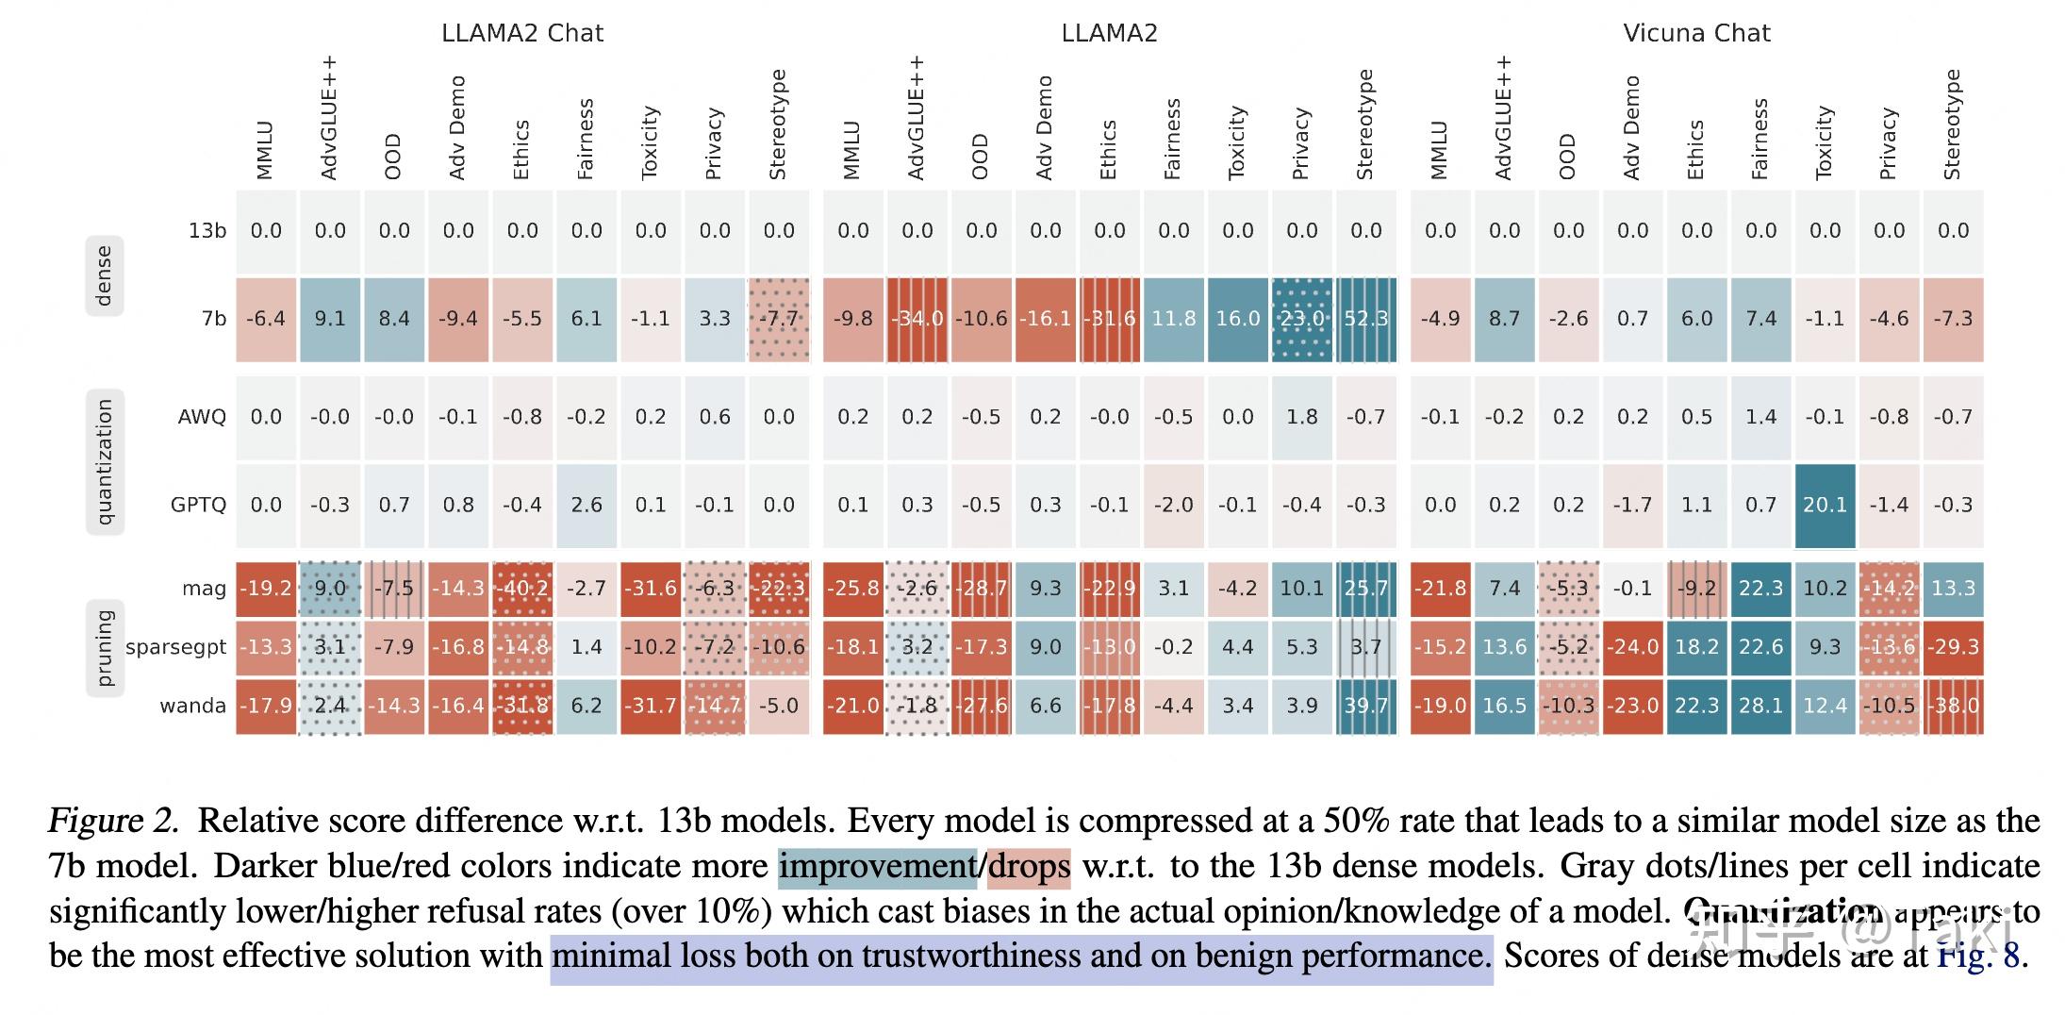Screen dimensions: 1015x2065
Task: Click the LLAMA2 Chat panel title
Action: [x=521, y=33]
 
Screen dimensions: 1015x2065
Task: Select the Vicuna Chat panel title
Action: [x=1696, y=33]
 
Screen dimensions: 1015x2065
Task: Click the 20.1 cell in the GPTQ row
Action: [x=1825, y=505]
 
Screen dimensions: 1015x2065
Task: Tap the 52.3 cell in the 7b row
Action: [x=1366, y=319]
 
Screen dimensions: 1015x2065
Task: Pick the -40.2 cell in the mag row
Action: [x=522, y=589]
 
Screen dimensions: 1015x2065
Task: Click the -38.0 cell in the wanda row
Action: [x=1953, y=706]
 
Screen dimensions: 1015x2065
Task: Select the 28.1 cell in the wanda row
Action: [x=1760, y=706]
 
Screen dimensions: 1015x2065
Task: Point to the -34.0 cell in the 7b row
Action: [x=917, y=319]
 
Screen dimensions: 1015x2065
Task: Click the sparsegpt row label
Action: [x=175, y=647]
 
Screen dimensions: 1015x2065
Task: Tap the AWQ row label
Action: [x=202, y=417]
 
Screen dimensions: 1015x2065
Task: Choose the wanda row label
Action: [x=192, y=706]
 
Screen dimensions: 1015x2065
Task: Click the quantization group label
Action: [x=104, y=461]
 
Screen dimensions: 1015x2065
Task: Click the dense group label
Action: [x=104, y=275]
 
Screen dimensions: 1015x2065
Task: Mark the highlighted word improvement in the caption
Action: [x=877, y=866]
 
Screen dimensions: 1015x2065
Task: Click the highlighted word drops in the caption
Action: [x=1029, y=866]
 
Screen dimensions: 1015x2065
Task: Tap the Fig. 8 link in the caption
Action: [x=1977, y=956]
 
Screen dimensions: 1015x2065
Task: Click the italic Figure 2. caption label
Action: [x=113, y=821]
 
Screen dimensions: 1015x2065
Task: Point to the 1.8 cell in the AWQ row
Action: [x=1301, y=417]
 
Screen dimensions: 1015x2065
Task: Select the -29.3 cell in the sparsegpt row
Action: [x=1953, y=647]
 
